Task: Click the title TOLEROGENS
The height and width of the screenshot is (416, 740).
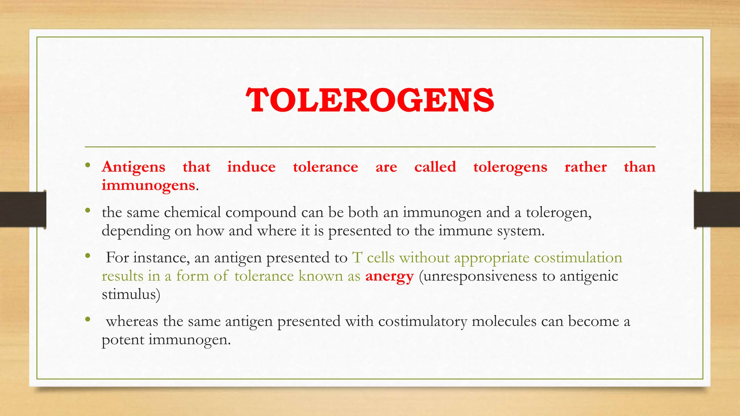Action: (x=370, y=100)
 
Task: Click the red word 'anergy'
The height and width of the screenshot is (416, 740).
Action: (x=389, y=276)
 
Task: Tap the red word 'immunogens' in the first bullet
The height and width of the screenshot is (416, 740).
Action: (x=148, y=185)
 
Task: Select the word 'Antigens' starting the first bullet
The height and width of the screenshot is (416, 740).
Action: (x=133, y=167)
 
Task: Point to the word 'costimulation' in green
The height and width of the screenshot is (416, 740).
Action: (x=578, y=258)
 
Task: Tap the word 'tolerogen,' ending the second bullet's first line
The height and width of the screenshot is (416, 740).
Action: (x=558, y=212)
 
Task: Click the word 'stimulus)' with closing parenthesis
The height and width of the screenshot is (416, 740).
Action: (x=131, y=294)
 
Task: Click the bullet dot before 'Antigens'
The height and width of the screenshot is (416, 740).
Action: (x=87, y=166)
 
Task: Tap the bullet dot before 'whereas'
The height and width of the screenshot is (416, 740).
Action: (x=87, y=319)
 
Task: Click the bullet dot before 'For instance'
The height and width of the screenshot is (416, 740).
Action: (x=87, y=256)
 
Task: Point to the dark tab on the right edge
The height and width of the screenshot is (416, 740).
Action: (x=717, y=209)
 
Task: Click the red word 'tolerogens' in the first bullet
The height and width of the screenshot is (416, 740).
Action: (x=510, y=167)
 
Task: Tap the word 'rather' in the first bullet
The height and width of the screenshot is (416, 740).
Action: (x=585, y=167)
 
